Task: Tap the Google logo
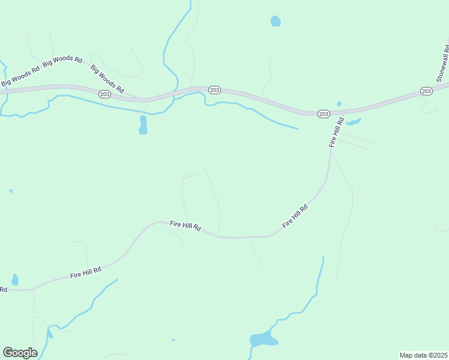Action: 20,353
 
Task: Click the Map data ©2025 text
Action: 423,355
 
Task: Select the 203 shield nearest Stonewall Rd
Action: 426,91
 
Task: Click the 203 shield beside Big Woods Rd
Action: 104,94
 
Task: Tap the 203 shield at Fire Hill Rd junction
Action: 324,113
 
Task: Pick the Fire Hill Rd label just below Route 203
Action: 336,132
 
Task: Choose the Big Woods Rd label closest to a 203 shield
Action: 107,79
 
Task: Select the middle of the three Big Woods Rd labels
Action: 63,60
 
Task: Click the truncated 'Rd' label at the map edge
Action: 3,289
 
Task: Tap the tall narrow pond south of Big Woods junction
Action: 143,125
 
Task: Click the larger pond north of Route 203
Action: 276,22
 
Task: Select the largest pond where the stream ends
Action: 262,340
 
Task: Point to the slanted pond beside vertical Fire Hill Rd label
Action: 353,122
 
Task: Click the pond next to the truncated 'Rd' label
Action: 15,280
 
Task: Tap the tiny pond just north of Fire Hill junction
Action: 339,104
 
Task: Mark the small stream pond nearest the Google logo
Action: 50,334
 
